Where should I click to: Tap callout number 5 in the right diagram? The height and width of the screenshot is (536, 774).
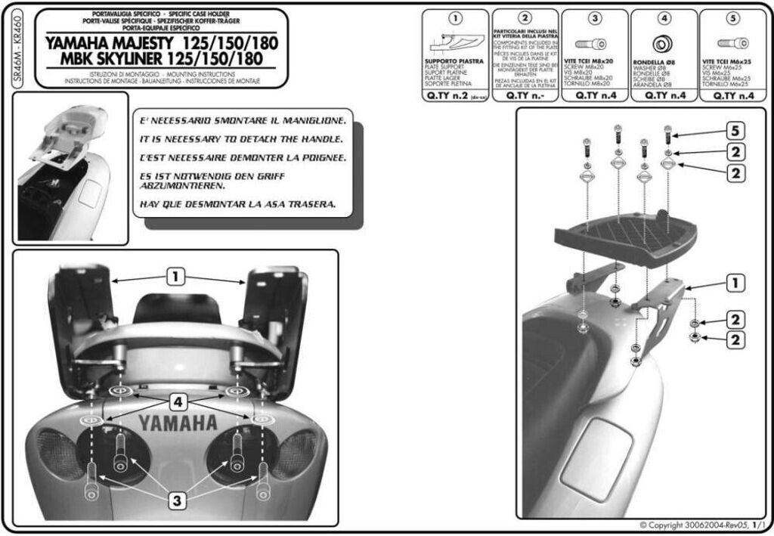[732, 131]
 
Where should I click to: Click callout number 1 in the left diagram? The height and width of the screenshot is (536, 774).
[175, 277]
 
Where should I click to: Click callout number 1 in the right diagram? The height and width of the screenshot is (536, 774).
[732, 283]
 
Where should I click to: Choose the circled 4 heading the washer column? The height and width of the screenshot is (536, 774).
[664, 17]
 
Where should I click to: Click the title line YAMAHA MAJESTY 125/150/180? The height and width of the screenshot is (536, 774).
[161, 42]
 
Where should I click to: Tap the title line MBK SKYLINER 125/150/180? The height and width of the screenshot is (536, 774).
[161, 60]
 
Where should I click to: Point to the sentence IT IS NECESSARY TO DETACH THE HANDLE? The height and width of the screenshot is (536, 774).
[242, 139]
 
